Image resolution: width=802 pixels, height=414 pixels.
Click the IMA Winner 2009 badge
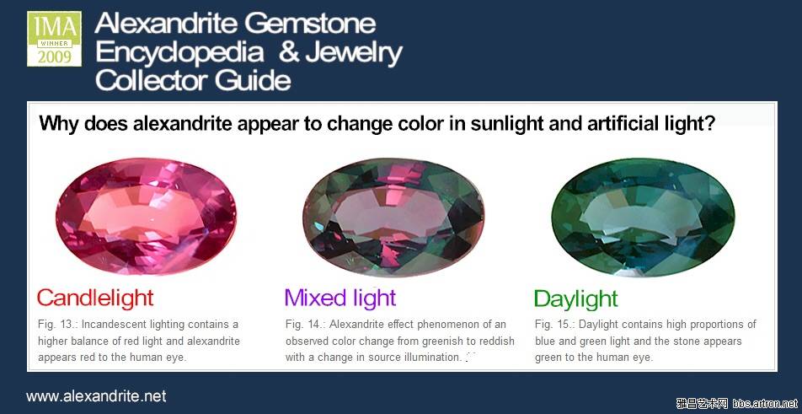pyautogui.click(x=54, y=39)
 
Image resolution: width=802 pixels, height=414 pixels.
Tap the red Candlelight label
pyautogui.click(x=95, y=298)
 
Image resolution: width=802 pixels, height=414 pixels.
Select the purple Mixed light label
pyautogui.click(x=340, y=298)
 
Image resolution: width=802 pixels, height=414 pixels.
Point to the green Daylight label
pyautogui.click(x=576, y=298)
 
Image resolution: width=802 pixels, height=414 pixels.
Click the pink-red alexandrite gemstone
pyautogui.click(x=147, y=216)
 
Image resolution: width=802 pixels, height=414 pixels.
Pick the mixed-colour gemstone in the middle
pyautogui.click(x=393, y=217)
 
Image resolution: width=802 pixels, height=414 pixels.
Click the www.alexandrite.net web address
pyautogui.click(x=96, y=396)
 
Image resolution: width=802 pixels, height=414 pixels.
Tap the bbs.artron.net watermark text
pyautogui.click(x=765, y=403)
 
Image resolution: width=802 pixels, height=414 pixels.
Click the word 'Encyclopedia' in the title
pyautogui.click(x=179, y=53)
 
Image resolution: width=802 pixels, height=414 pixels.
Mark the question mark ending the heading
pyautogui.click(x=709, y=123)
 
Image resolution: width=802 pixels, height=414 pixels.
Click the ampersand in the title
pyautogui.click(x=288, y=52)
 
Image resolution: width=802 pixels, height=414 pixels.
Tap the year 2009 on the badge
pyautogui.click(x=54, y=56)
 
